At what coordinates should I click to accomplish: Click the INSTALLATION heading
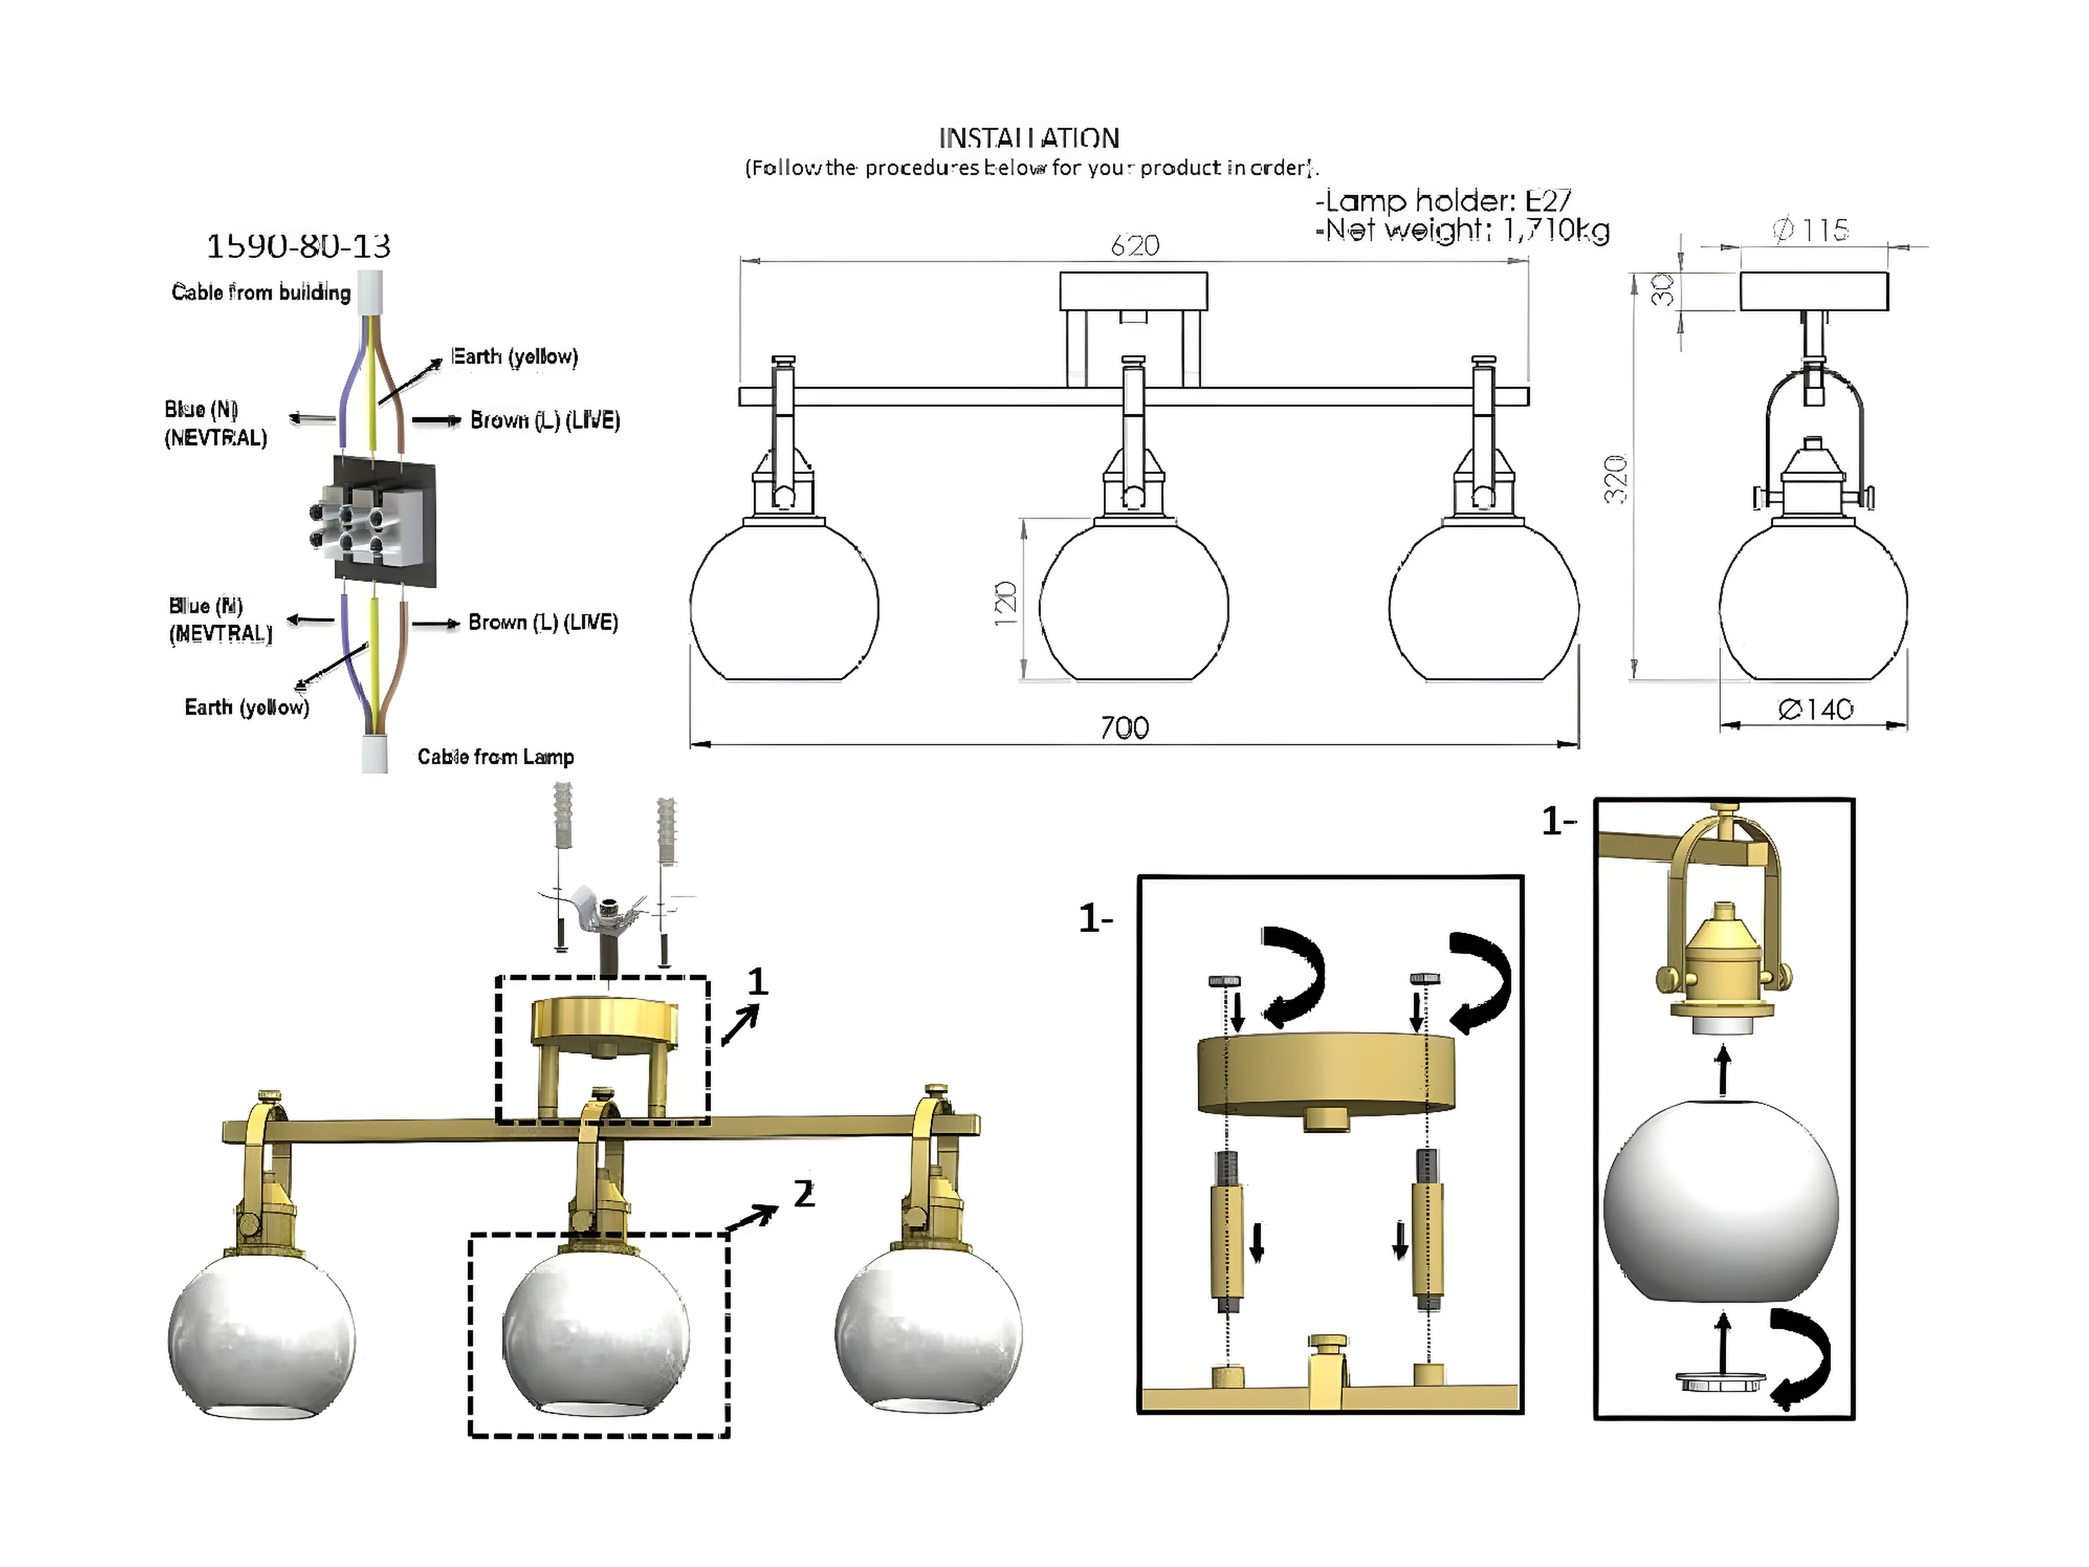tap(1028, 139)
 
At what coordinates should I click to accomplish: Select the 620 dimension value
tap(1134, 245)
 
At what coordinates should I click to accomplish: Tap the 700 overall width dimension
tap(1124, 727)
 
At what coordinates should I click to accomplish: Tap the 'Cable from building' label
tap(261, 293)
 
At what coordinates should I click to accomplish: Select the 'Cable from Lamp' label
tap(495, 756)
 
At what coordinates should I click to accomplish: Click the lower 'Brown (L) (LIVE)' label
tap(543, 623)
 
